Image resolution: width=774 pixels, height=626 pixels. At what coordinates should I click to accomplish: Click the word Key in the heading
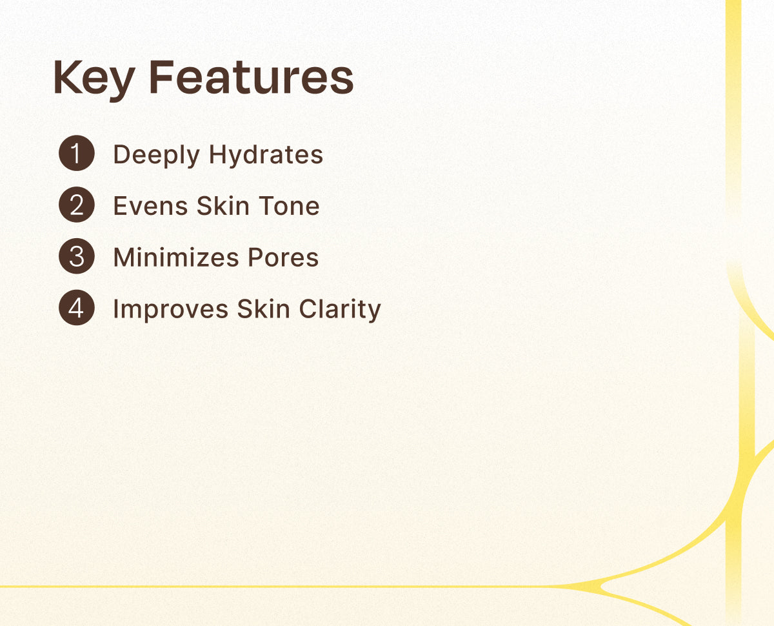94,80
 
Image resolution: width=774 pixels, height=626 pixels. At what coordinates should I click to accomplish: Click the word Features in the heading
252,77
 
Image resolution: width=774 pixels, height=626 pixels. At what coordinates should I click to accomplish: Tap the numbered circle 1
77,153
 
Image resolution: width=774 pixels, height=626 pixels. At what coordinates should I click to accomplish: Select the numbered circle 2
77,205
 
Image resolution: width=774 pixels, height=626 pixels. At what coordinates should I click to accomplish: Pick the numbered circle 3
77,256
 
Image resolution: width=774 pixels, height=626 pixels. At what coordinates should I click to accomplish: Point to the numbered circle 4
77,308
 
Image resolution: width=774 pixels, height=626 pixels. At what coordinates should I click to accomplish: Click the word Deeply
157,156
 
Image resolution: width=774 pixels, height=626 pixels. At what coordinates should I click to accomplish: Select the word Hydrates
266,156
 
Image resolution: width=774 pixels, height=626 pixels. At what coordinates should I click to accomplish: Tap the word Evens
151,206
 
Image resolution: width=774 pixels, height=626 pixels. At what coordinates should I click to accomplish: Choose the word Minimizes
176,257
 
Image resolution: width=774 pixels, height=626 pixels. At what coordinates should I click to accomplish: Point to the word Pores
283,257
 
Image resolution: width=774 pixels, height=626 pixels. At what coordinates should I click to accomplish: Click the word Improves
171,310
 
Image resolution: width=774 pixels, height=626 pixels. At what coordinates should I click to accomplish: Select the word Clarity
340,310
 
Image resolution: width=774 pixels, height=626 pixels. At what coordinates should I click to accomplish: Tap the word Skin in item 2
223,206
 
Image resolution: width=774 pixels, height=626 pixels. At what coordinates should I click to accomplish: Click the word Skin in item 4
263,309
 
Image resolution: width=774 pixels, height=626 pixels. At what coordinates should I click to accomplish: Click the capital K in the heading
68,77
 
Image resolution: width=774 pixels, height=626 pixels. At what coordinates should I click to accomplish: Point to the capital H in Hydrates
219,154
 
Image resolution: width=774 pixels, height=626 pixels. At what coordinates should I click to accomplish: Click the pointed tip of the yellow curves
600,587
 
